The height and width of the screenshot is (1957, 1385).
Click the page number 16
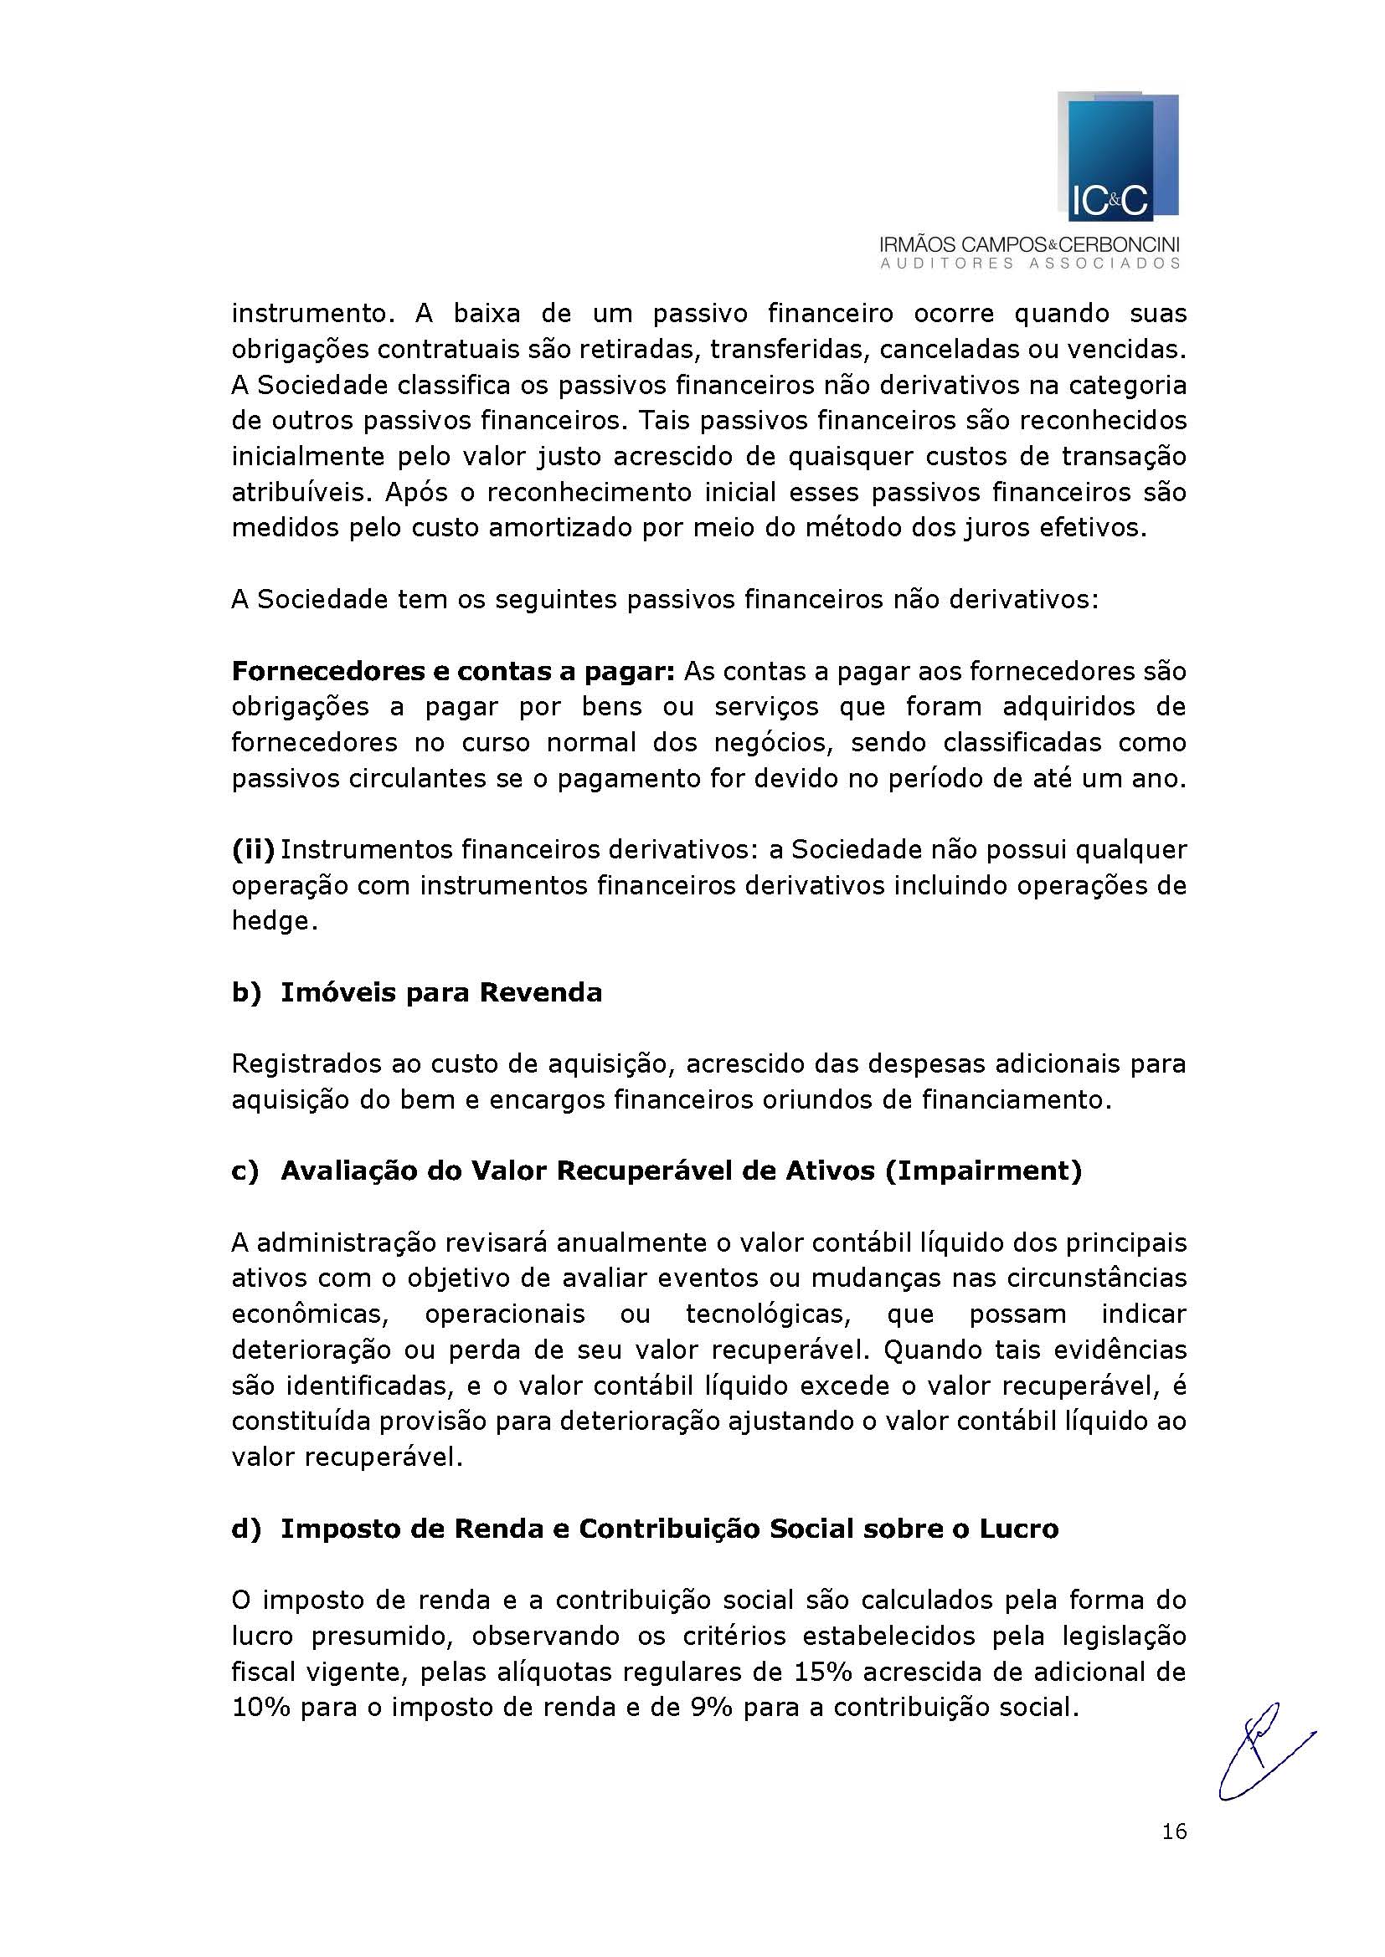(1173, 1831)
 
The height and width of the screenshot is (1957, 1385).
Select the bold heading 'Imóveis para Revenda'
(441, 993)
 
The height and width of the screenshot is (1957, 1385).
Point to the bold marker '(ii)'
(252, 850)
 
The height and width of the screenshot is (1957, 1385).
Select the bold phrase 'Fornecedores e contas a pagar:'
(453, 672)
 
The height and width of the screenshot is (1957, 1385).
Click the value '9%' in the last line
(708, 1708)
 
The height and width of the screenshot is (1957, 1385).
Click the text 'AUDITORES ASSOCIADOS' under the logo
(1030, 264)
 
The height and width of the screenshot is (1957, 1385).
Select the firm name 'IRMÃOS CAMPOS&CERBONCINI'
(1029, 245)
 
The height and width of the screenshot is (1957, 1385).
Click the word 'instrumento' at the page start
(310, 314)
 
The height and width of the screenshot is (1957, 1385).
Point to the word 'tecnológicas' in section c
(767, 1314)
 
